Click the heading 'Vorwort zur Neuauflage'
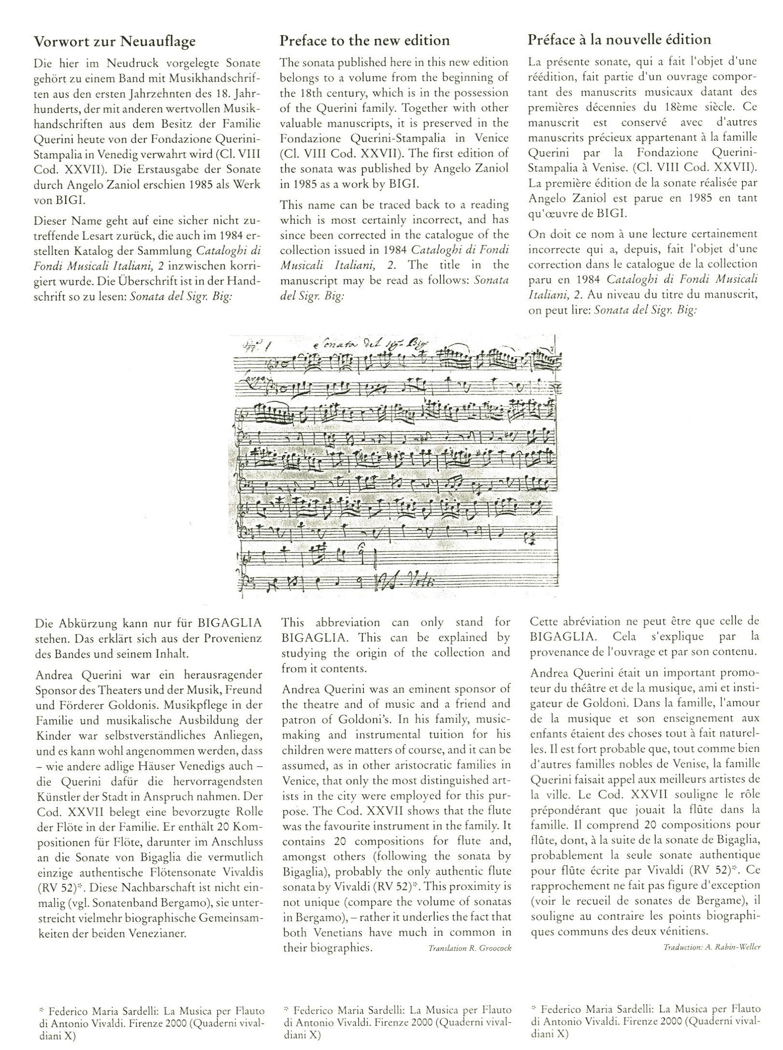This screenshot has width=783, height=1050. [x=115, y=42]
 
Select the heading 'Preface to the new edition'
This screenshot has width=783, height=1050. [x=364, y=40]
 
